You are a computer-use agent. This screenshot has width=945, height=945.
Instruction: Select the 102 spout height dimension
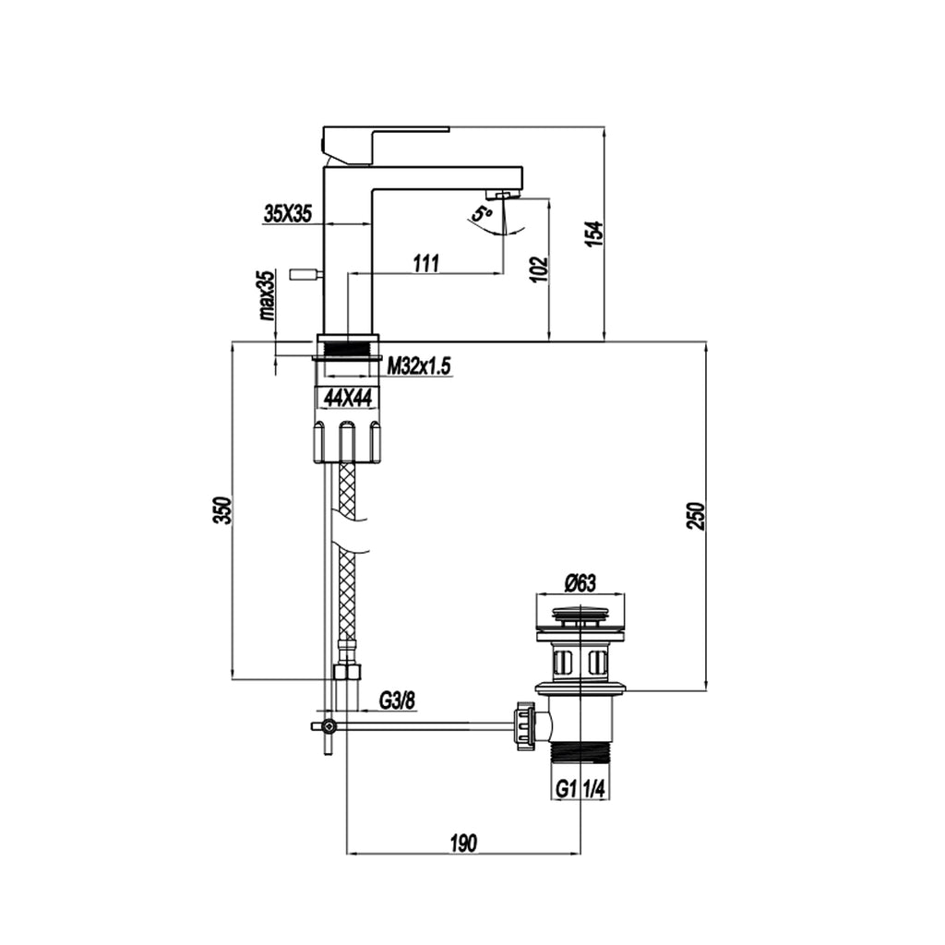click(541, 269)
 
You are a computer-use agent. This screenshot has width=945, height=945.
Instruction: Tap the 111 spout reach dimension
click(425, 263)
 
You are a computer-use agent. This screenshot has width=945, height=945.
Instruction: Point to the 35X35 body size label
click(288, 214)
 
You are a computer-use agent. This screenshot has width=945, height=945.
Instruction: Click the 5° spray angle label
click(481, 214)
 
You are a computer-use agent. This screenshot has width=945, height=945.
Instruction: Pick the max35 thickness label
click(267, 294)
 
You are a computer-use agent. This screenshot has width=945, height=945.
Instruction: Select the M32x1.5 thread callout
click(418, 367)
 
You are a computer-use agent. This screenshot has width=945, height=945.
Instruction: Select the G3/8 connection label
click(398, 701)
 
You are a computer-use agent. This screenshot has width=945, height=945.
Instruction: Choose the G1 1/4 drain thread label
click(581, 790)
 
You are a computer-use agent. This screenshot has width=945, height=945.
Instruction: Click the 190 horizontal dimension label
click(463, 843)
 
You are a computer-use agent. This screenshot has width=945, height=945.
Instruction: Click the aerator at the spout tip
click(502, 195)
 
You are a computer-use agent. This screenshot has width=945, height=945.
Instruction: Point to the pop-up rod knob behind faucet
click(304, 273)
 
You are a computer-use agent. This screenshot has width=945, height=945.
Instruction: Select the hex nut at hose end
click(346, 672)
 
